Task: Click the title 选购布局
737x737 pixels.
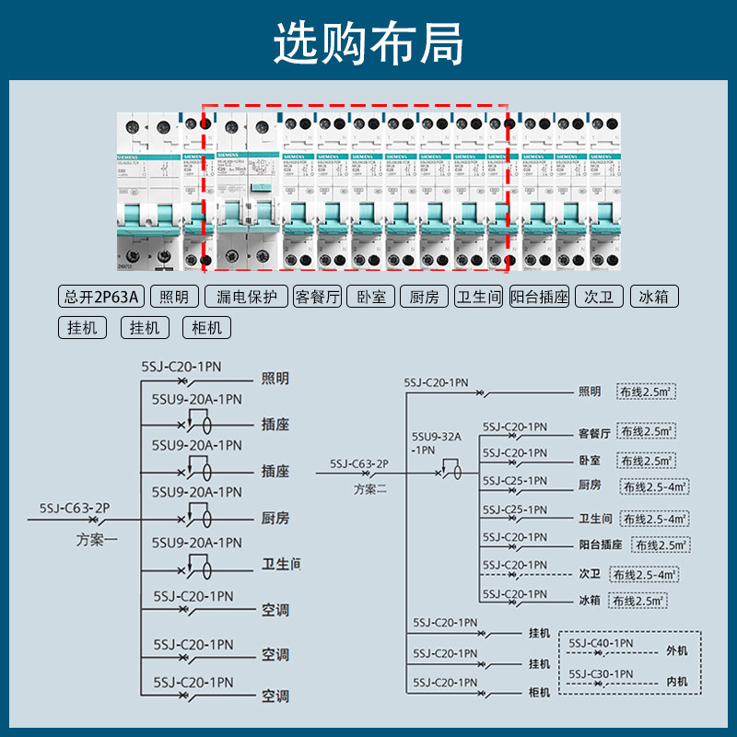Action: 368,44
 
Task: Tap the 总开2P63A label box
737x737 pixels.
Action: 101,297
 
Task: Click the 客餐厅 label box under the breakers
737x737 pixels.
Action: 317,297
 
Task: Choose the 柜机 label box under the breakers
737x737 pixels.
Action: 206,327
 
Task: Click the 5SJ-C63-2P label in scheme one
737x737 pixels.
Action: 75,508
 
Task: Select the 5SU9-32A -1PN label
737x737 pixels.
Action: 436,443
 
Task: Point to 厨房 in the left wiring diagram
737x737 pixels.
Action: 275,519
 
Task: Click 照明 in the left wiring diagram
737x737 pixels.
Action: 275,379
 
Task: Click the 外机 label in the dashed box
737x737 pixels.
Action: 677,650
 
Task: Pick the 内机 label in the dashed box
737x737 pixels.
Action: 677,683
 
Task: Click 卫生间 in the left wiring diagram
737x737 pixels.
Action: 280,564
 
